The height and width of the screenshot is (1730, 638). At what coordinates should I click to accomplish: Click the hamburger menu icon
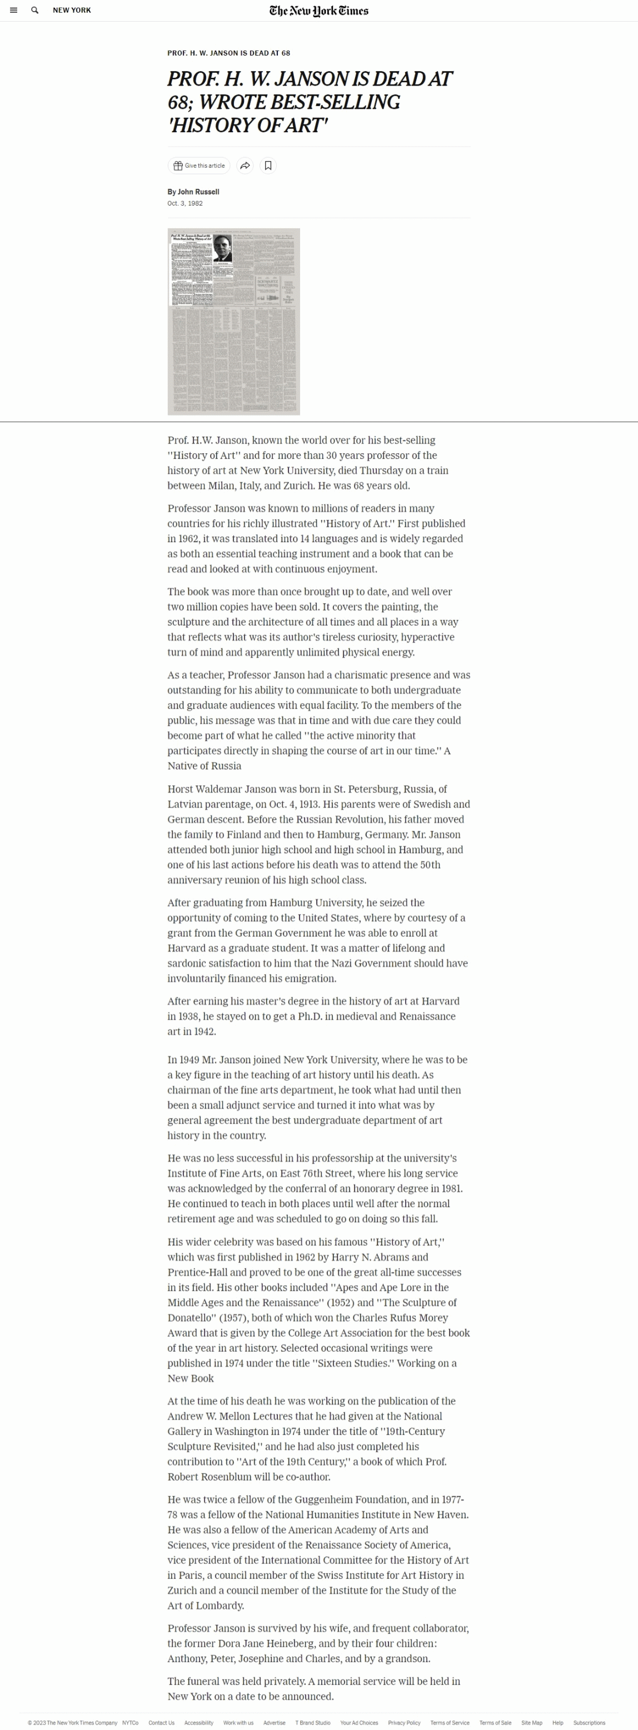(13, 10)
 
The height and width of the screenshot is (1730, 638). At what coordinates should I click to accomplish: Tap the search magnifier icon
(35, 10)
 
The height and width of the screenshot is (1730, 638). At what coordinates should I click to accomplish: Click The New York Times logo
(318, 10)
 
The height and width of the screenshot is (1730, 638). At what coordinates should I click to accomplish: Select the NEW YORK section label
(72, 10)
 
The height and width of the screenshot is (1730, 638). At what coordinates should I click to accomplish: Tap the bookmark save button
(267, 165)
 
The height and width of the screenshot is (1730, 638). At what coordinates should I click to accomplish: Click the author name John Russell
(198, 192)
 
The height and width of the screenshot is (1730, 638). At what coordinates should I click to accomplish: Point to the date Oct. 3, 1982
(185, 203)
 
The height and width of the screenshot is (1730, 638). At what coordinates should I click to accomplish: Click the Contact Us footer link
(161, 1723)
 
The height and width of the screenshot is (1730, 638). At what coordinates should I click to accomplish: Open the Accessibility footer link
(199, 1723)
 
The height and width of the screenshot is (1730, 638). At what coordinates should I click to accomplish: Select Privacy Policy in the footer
(404, 1723)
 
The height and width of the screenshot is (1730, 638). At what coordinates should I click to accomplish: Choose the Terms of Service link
(450, 1723)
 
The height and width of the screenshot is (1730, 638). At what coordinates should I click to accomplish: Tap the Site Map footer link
(532, 1723)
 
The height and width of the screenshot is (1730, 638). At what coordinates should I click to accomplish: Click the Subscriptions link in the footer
(589, 1723)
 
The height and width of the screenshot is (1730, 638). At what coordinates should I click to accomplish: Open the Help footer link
(557, 1723)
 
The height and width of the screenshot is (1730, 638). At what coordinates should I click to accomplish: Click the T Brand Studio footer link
(313, 1723)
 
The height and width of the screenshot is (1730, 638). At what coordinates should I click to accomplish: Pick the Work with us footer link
(238, 1723)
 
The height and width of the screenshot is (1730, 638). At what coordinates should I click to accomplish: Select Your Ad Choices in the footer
(359, 1723)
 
